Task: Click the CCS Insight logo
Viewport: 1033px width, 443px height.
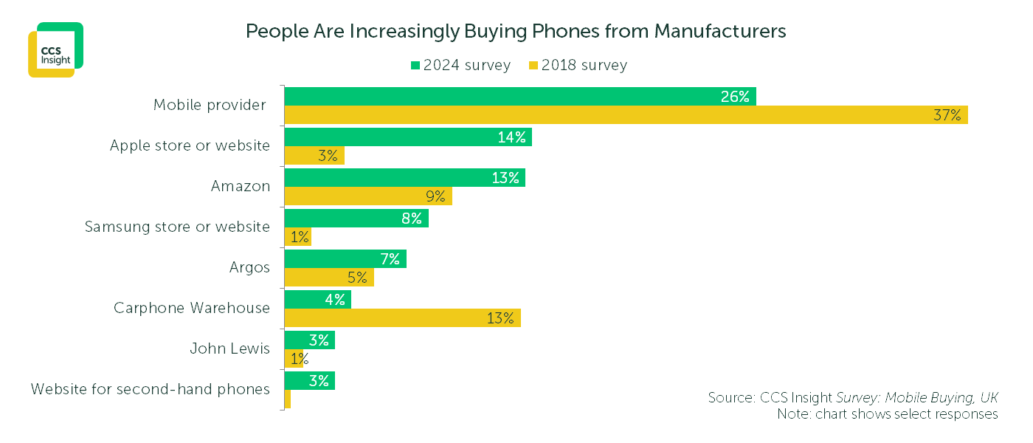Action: coord(55,49)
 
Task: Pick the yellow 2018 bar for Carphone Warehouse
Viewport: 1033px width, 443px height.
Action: coord(402,318)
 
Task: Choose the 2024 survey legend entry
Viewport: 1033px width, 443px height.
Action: coord(460,65)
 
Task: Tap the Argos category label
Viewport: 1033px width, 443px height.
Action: coord(249,267)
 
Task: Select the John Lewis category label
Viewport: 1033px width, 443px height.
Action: coord(229,348)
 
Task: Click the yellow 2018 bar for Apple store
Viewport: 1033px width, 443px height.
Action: coord(314,156)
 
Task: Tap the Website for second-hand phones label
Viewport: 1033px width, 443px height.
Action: coord(151,389)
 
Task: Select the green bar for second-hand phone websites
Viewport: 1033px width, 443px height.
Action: coord(309,381)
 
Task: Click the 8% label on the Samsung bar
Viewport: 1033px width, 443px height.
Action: coord(412,219)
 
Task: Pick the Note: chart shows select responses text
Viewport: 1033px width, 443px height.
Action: coord(887,414)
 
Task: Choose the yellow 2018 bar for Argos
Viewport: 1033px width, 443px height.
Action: coord(328,278)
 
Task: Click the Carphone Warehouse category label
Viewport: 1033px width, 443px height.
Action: coord(192,308)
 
